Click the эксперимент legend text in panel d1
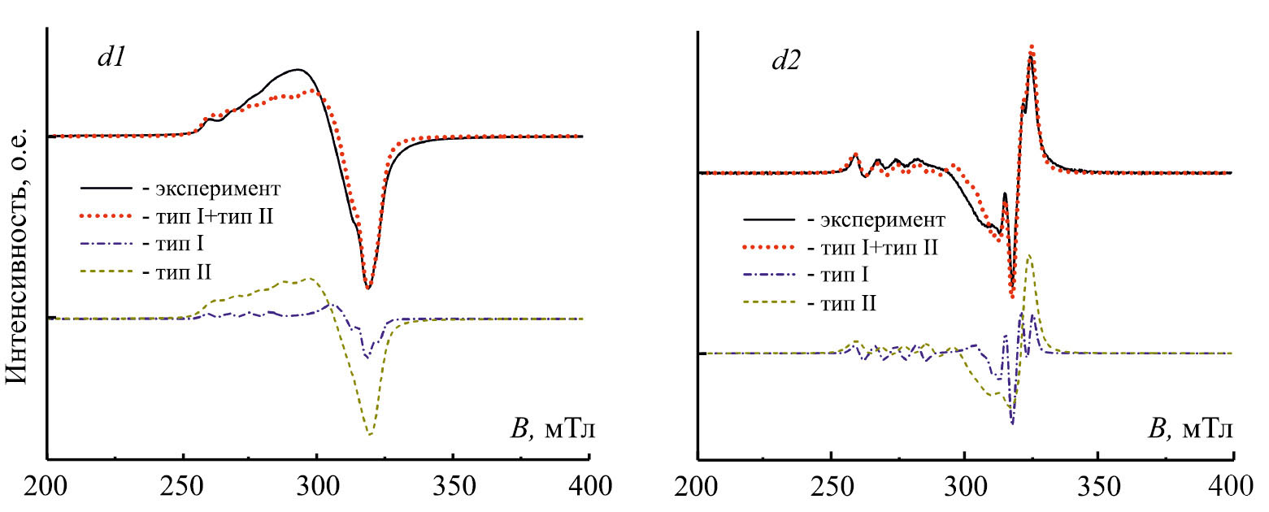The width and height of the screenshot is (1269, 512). coord(229,189)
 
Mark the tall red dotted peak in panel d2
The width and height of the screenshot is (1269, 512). coord(1032,48)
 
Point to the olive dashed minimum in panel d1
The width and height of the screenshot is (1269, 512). coord(370,434)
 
